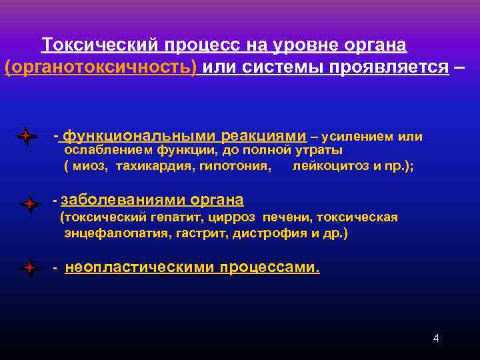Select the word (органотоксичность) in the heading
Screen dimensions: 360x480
[x=101, y=67]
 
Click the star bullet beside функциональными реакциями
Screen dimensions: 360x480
[x=26, y=136]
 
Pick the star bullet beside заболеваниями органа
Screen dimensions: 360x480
[x=30, y=205]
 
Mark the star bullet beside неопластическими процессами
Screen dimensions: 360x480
[x=30, y=269]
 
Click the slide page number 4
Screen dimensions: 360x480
[x=436, y=338]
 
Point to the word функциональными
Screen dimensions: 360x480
[x=137, y=136]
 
